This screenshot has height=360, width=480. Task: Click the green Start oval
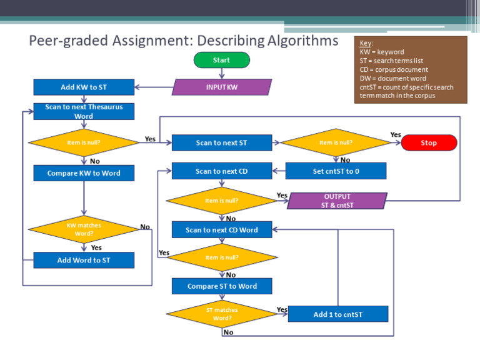[221, 60]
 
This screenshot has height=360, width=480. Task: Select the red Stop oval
[429, 143]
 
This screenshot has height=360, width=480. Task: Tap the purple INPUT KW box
[222, 87]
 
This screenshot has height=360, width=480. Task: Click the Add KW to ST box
[84, 87]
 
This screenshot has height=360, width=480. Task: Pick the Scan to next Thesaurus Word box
[84, 111]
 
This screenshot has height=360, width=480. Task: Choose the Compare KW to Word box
[84, 173]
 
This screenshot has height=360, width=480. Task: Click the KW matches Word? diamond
[84, 229]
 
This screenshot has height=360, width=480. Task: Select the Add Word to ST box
[84, 260]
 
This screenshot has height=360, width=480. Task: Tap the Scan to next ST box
[222, 143]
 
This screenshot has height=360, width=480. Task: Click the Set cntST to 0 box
[336, 171]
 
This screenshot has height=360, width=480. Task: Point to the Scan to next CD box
[222, 171]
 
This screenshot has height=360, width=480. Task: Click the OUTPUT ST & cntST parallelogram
[337, 201]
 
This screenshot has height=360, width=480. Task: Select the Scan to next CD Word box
[222, 229]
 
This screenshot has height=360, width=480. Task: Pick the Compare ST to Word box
[222, 286]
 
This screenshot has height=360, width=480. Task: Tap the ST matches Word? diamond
[222, 314]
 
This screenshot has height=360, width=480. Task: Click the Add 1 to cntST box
[337, 314]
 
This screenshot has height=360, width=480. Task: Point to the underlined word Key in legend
[366, 43]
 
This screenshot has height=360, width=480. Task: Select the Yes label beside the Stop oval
[396, 134]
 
